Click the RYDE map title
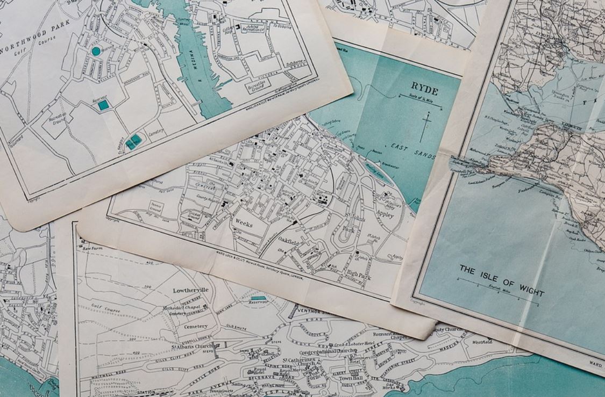tap(424, 86)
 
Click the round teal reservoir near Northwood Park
tap(96, 51)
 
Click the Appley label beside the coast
tap(385, 215)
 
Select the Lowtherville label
tap(190, 290)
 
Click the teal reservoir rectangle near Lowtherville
tap(258, 298)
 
